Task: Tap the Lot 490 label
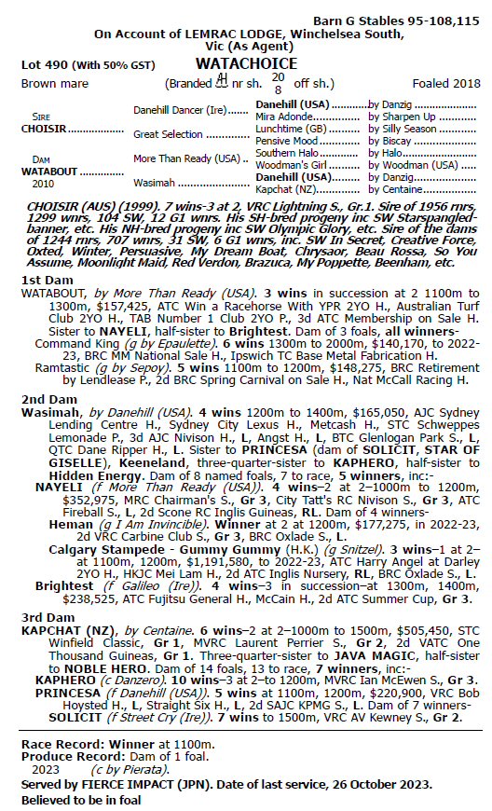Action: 46,66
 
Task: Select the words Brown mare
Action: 55,83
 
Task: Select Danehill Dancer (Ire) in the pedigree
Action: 177,110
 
